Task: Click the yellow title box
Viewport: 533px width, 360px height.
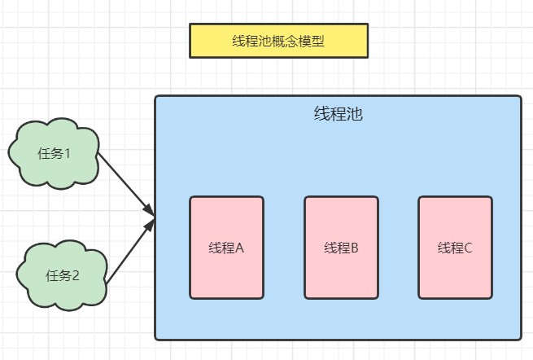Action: [278, 41]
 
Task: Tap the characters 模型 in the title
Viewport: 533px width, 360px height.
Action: [312, 42]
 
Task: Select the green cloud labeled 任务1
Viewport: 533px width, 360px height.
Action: [54, 153]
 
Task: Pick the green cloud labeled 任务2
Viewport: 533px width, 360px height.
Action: [62, 274]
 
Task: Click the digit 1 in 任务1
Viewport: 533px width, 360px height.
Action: [68, 153]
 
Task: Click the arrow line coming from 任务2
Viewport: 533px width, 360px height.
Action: [128, 252]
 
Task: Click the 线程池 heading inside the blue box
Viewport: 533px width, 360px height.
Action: [338, 113]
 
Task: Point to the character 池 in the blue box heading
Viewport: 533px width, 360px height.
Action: [354, 113]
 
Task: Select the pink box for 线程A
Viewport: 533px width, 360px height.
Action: [226, 248]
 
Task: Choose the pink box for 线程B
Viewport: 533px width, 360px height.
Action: [341, 248]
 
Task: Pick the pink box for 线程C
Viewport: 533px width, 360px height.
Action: [455, 248]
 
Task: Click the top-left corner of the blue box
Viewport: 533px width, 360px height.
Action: [156, 97]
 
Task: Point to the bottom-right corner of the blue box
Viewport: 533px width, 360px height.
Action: [520, 338]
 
